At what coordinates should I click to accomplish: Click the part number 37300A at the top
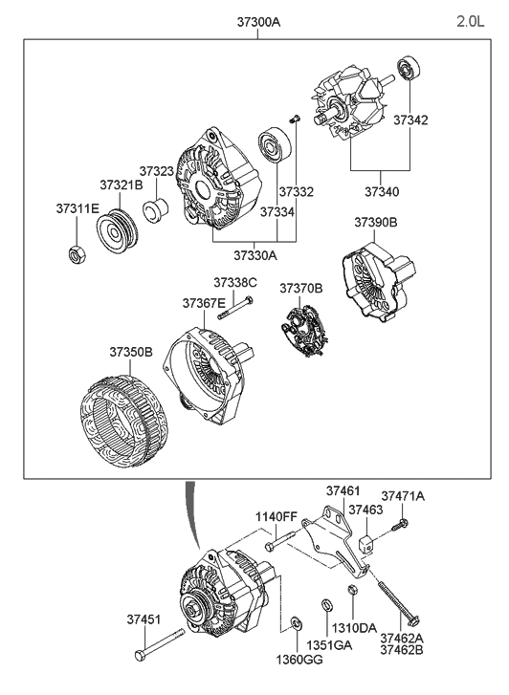click(254, 20)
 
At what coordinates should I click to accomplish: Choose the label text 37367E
click(205, 302)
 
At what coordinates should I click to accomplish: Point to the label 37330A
click(254, 255)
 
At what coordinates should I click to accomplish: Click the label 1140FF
click(277, 517)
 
